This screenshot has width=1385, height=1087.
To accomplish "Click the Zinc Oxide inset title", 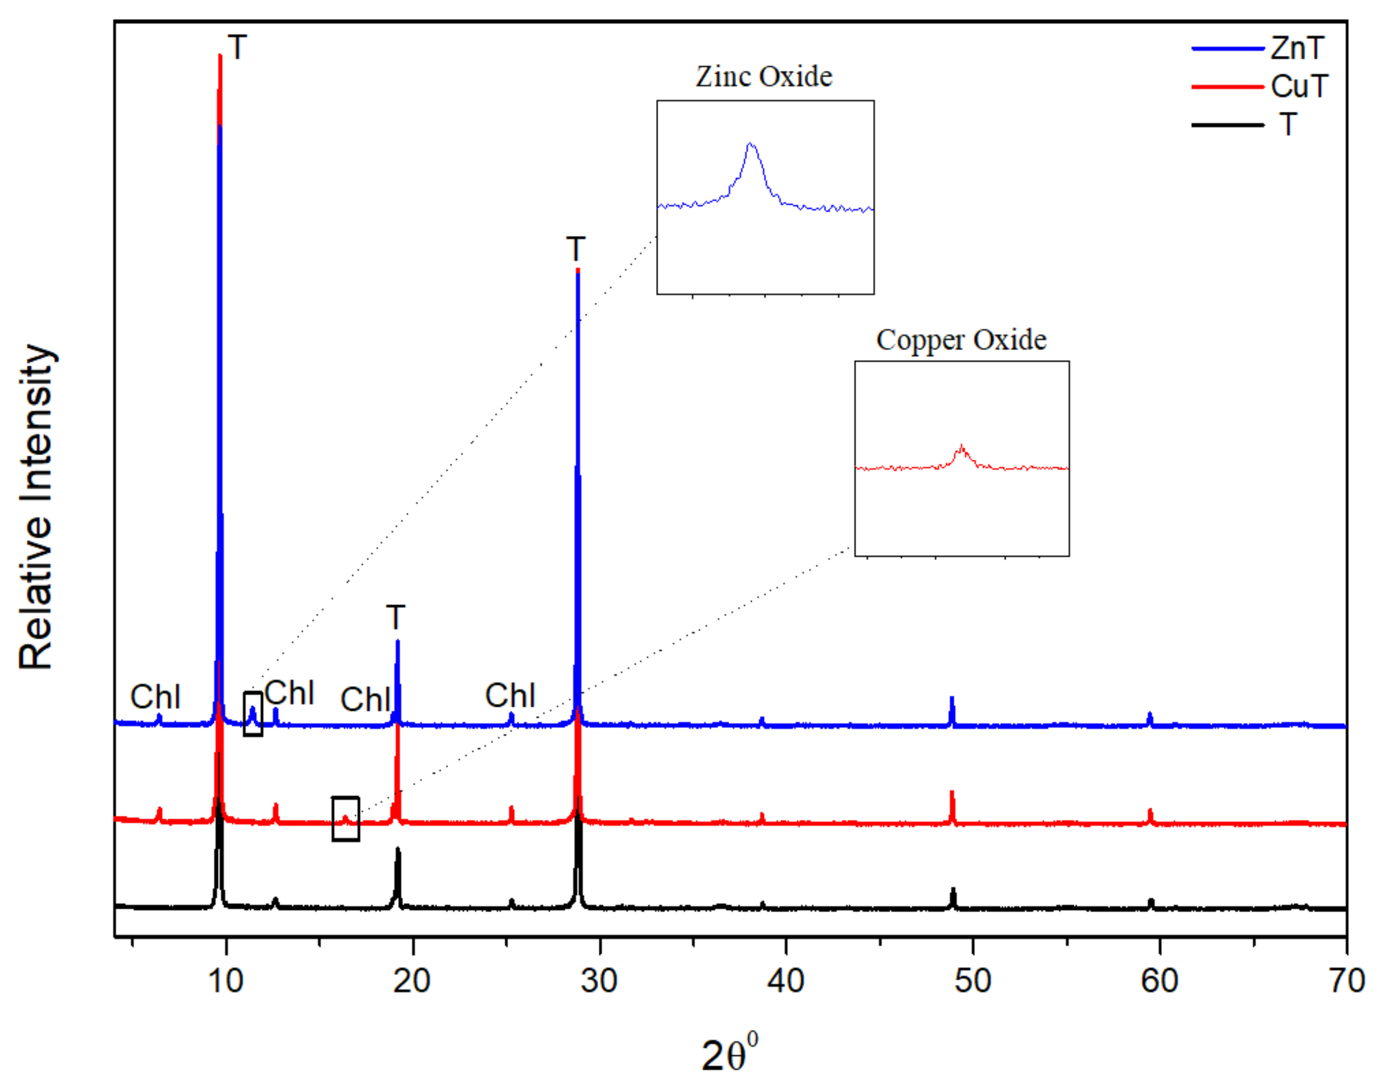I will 763,77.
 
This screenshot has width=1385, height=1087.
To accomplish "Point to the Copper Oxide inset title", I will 961,340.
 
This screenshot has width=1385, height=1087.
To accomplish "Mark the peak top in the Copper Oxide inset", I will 961,446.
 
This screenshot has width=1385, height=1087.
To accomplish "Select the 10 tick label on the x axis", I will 226,981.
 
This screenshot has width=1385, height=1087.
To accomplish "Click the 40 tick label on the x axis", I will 786,981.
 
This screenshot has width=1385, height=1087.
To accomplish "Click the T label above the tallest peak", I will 238,48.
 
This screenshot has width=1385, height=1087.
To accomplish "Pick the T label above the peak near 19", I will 395,617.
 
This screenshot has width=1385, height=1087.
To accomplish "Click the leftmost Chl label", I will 155,697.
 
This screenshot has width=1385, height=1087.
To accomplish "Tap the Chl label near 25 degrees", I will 510,696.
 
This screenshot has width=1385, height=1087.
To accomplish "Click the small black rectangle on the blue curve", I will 252,714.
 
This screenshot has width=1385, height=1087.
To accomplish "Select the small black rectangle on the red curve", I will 346,819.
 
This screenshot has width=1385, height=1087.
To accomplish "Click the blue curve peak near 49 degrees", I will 952,699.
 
